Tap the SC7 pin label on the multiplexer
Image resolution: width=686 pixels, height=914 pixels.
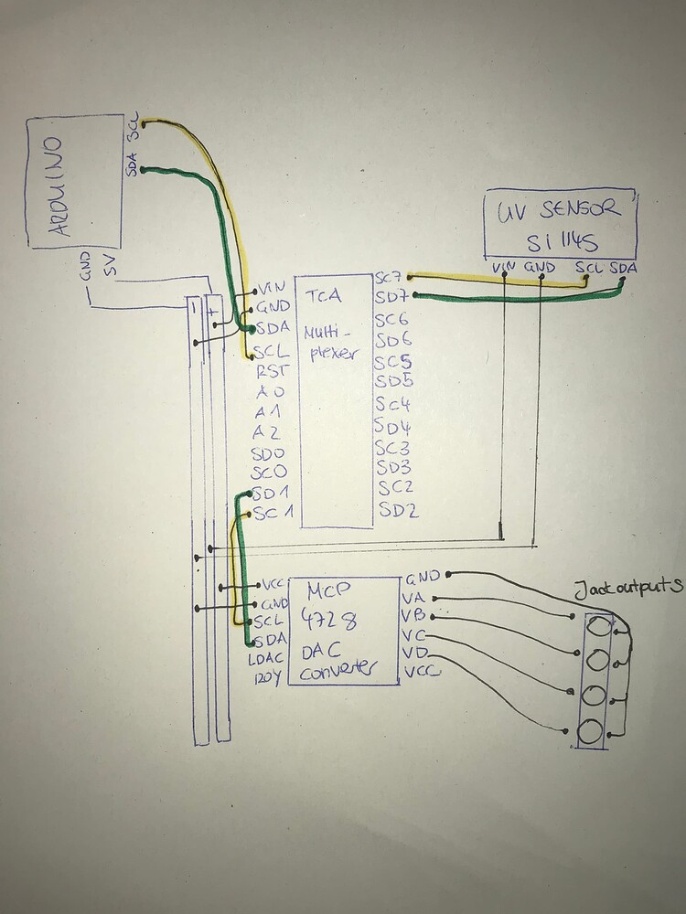pos(388,277)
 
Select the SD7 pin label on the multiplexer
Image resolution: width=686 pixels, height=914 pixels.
pos(389,298)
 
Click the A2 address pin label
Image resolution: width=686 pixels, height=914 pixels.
pos(265,432)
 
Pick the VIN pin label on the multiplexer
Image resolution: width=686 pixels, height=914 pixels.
pos(273,286)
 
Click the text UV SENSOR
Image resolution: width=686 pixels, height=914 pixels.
pos(560,209)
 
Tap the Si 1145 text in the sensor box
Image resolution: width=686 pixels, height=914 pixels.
pos(561,241)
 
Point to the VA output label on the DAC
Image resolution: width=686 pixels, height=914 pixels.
pos(413,597)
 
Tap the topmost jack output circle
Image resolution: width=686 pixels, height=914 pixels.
pos(599,628)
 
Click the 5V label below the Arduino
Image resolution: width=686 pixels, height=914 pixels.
pos(111,268)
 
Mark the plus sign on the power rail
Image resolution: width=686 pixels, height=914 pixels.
pos(213,311)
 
